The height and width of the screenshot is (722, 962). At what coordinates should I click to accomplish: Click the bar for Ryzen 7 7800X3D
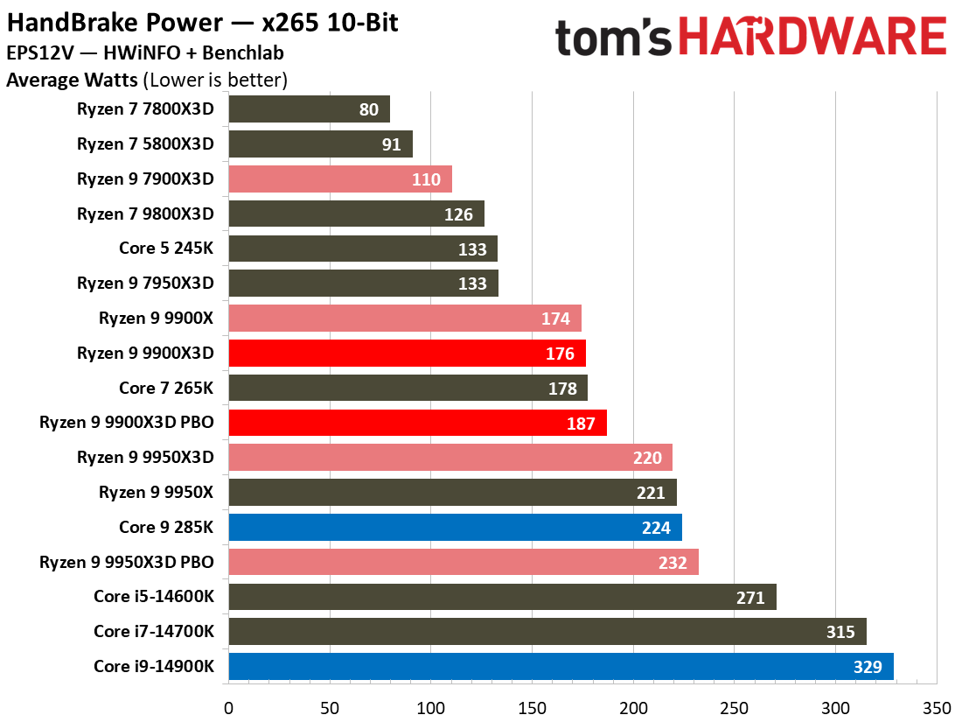[x=309, y=109]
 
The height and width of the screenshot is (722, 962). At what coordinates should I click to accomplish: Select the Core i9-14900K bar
[x=561, y=667]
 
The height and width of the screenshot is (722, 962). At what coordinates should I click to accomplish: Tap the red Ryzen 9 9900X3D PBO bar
[x=417, y=424]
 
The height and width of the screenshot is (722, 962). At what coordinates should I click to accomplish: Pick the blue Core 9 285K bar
[x=455, y=528]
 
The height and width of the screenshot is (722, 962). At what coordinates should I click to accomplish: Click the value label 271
[x=750, y=598]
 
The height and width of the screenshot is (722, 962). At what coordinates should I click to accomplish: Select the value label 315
[x=840, y=633]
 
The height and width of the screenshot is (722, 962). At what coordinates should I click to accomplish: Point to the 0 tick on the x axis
[x=228, y=706]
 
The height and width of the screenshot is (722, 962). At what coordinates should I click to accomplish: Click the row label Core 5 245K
[x=166, y=249]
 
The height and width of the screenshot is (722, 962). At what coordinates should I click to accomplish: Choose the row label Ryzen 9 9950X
[x=156, y=493]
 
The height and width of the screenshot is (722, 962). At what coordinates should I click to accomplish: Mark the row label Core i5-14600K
[x=153, y=598]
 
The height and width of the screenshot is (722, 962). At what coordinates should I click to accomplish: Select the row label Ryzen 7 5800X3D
[x=145, y=144]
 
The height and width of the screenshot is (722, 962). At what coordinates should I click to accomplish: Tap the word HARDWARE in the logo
[x=813, y=38]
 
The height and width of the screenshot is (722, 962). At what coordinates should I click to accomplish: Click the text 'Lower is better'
[x=216, y=81]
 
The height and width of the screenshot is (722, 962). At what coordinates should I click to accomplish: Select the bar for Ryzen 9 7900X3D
[x=340, y=179]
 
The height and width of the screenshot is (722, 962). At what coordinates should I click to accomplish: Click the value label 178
[x=562, y=389]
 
